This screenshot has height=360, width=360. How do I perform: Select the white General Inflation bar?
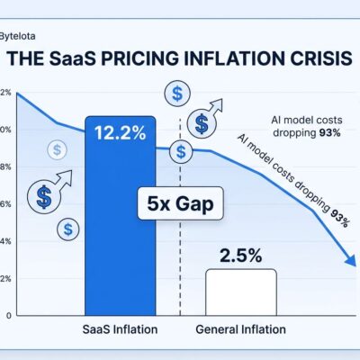(240, 292)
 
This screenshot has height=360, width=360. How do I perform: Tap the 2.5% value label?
(241, 255)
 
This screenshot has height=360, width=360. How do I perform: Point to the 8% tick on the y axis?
(4, 167)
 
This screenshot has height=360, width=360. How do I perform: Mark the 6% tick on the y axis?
(4, 204)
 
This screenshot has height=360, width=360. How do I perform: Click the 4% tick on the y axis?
(4, 241)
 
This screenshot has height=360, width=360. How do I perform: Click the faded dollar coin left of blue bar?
(57, 150)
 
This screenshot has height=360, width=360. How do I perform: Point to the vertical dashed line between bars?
(181, 261)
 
